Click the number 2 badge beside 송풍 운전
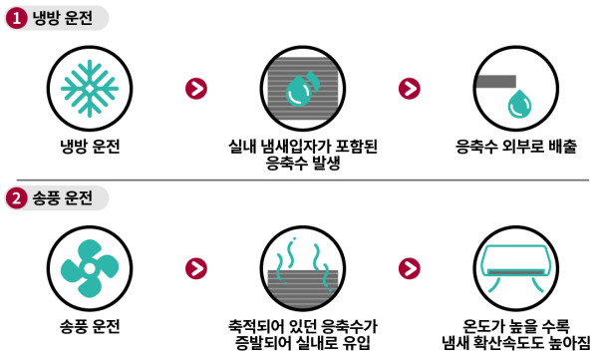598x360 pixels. [x=15, y=197]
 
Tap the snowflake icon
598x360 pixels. [x=89, y=87]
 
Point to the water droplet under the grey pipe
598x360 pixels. [x=519, y=103]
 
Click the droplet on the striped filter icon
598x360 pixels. [x=298, y=93]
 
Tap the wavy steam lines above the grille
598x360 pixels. [x=298, y=251]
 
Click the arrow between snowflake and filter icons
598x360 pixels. [x=197, y=88]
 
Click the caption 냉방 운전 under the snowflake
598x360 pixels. [x=89, y=147]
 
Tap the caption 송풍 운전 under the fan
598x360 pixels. [x=89, y=325]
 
